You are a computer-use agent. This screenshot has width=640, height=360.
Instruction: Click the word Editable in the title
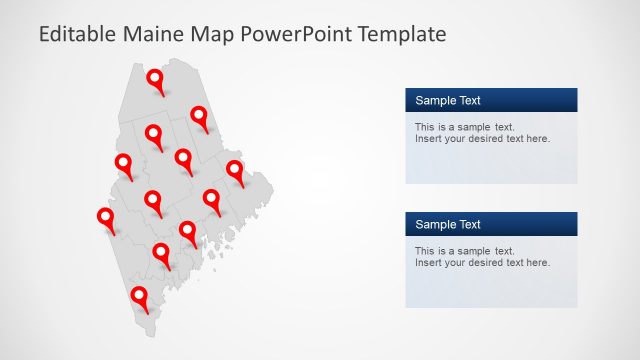(x=78, y=35)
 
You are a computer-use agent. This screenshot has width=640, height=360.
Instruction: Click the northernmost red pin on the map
(x=155, y=79)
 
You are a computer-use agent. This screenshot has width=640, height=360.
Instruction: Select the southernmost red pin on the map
(x=140, y=296)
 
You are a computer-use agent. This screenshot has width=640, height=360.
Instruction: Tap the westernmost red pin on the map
(x=105, y=217)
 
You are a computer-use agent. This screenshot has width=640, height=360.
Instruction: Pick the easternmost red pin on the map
(x=235, y=169)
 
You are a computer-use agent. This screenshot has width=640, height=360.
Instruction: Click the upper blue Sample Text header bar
(x=491, y=100)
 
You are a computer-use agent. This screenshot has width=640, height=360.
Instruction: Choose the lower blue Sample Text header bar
(x=491, y=224)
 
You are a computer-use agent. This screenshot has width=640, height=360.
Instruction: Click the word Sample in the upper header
(x=434, y=100)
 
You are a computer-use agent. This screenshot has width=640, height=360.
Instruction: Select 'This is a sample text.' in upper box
(x=464, y=127)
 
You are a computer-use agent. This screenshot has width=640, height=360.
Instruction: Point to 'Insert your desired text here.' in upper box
(x=482, y=138)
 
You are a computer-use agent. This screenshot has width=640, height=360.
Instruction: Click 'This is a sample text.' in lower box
(x=464, y=251)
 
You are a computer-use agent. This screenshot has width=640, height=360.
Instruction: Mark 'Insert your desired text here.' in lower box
(x=482, y=262)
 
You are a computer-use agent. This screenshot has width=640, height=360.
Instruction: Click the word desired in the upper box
(x=486, y=138)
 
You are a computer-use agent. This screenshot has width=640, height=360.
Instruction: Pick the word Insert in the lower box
(x=428, y=262)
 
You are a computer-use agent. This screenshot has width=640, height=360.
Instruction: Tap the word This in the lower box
(x=424, y=251)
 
